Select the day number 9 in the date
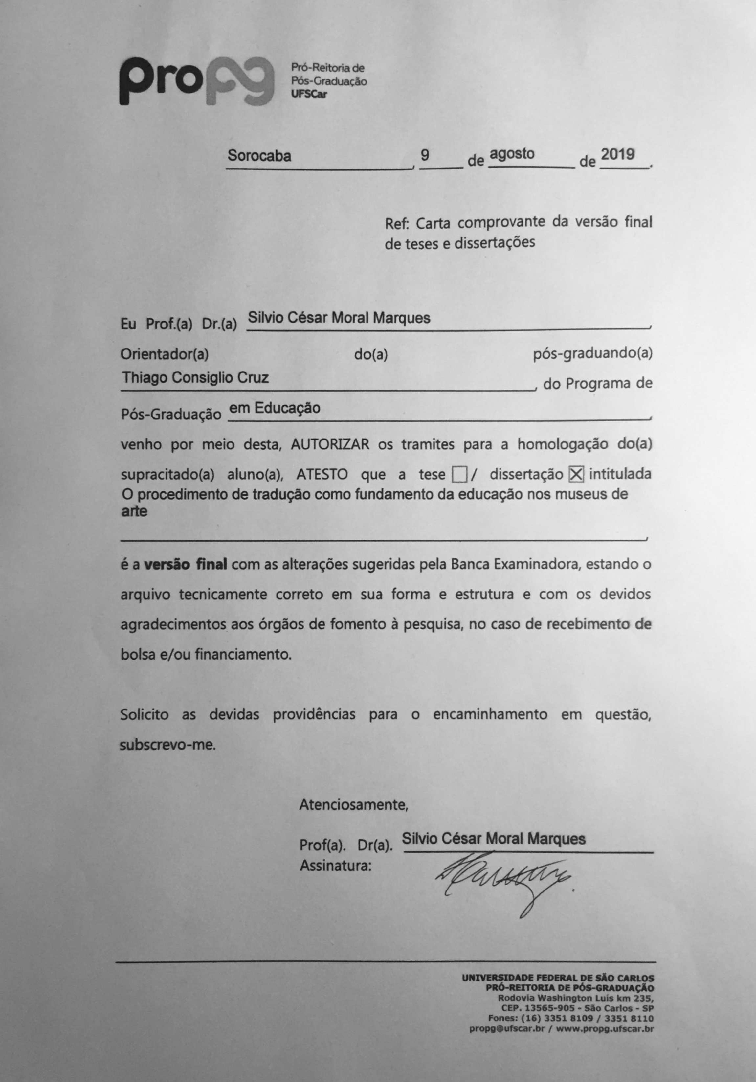coord(425,154)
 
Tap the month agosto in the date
coord(512,154)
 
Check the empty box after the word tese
coord(459,475)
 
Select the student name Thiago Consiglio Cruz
coord(195,377)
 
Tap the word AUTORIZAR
coord(330,444)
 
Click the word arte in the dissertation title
coord(134,511)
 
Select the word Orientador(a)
coord(165,354)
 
